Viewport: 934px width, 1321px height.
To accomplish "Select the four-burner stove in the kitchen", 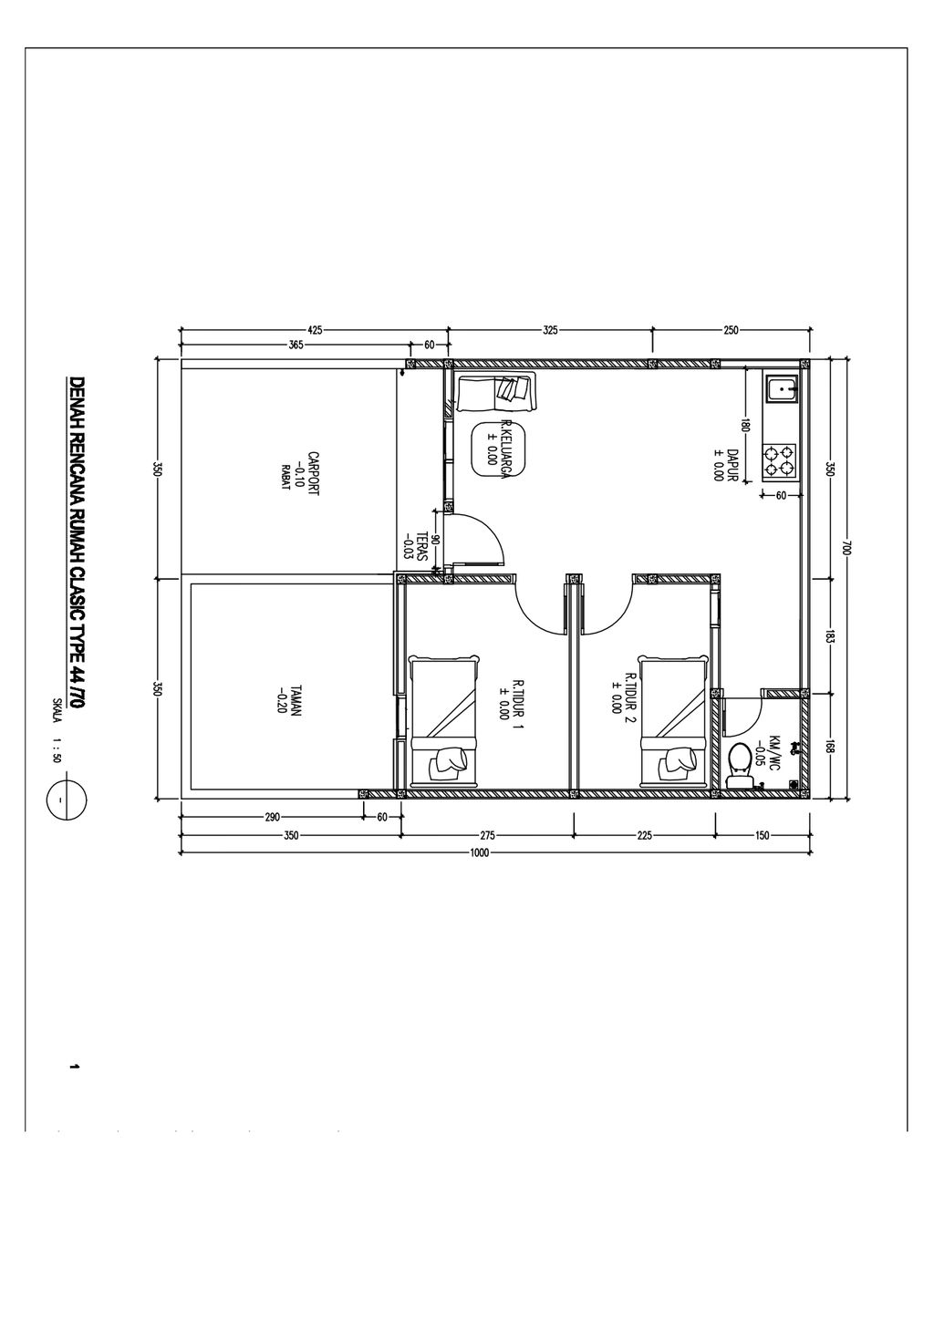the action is pos(780,461).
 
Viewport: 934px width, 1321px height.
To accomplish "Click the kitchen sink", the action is pos(782,389).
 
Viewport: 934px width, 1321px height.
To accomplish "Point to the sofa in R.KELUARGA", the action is pos(497,392).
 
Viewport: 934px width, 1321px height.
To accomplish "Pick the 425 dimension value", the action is pos(315,330).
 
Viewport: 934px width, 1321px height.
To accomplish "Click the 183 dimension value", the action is pos(829,637).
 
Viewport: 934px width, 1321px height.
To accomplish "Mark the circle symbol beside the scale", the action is pos(61,800).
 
